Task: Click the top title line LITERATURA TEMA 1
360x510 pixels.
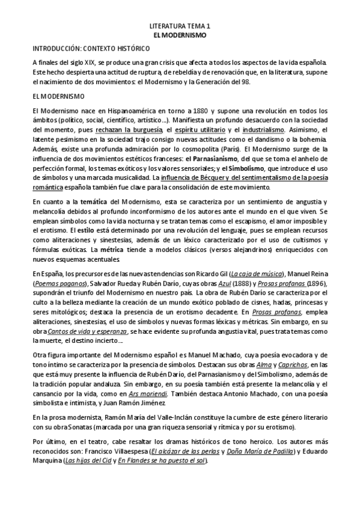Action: (180, 27)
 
